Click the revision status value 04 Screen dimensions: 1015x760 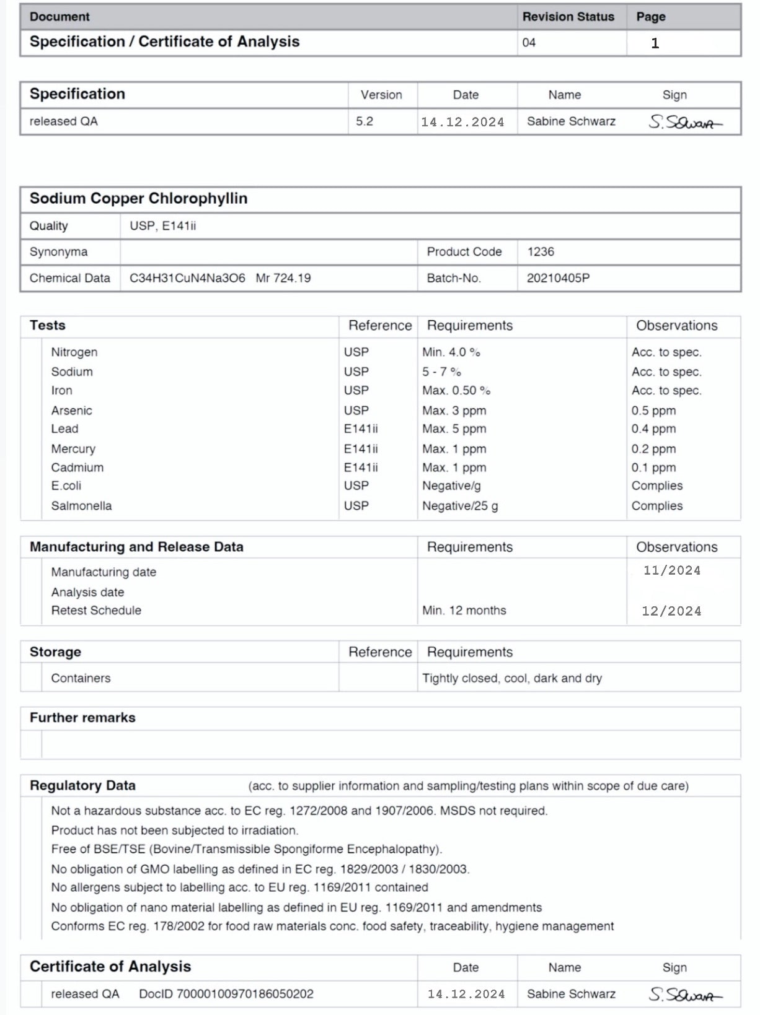click(529, 43)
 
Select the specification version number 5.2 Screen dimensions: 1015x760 click(365, 121)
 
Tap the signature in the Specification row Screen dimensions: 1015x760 click(685, 122)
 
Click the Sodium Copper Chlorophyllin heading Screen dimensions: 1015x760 click(138, 199)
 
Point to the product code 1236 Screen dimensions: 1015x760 click(541, 252)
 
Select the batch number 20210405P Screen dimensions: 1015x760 click(558, 278)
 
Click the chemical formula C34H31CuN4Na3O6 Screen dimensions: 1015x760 click(187, 278)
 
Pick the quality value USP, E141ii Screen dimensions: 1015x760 click(162, 226)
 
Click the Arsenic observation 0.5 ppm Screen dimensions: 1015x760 click(653, 411)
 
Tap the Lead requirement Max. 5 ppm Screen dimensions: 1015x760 click(454, 429)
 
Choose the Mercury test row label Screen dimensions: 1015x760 click(73, 449)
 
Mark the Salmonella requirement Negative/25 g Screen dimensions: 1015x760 click(460, 506)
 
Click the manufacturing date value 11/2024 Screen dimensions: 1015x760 click(672, 570)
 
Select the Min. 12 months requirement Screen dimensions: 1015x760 click(464, 611)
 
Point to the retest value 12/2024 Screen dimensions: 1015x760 click(671, 611)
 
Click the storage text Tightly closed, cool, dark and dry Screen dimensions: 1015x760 click(512, 678)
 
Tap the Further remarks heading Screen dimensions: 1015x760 click(82, 718)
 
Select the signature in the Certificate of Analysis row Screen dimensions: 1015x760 click(685, 995)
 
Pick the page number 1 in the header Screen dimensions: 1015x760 click(655, 43)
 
